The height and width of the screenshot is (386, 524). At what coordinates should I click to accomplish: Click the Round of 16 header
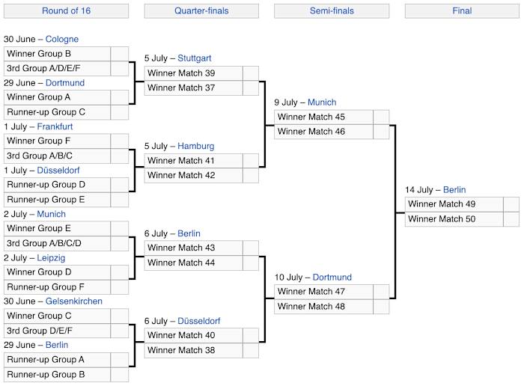pos(65,10)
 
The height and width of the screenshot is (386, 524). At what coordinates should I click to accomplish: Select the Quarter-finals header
pos(201,10)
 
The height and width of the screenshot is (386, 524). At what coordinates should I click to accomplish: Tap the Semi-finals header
pos(332,10)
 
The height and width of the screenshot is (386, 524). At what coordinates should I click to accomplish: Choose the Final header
pos(462,10)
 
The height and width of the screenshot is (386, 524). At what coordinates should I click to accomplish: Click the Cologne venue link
pos(62,39)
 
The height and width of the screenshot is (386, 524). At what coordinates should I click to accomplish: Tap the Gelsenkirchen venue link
pos(75,301)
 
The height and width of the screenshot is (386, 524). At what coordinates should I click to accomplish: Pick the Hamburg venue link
pos(196,146)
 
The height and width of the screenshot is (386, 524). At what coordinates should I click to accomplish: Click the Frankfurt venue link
pos(55,126)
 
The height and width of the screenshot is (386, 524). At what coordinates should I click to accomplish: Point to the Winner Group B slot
pos(57,54)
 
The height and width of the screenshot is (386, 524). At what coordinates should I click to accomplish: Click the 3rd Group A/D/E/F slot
pos(57,68)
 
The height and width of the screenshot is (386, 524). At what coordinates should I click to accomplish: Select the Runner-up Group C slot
pos(57,112)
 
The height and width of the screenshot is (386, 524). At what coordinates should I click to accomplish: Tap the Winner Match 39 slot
pos(193,73)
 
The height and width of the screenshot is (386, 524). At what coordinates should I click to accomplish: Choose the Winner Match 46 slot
pos(323,132)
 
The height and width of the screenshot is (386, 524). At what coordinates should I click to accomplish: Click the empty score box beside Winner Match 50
pos(511,219)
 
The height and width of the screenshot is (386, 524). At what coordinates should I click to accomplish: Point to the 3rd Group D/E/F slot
pos(57,331)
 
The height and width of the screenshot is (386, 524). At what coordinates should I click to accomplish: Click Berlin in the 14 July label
pos(454,190)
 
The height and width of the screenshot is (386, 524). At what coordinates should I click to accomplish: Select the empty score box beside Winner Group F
pos(120,141)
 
